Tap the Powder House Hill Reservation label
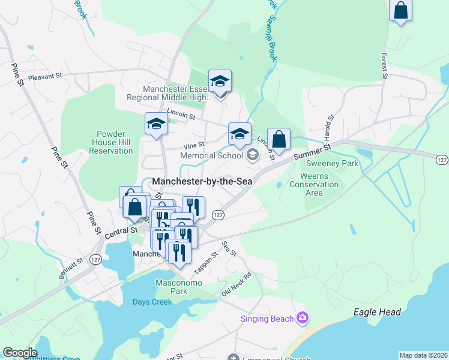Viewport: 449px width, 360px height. pos(110,142)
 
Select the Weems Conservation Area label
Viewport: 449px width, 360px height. pos(314,184)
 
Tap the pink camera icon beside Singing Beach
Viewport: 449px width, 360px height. pos(303,317)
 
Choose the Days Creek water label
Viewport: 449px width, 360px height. pos(152,302)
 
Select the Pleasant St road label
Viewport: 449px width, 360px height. pos(45,76)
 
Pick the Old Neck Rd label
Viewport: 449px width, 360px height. pos(235,284)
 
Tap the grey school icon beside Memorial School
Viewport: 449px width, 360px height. pos(253,155)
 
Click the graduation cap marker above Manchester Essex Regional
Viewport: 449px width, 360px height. pos(220,82)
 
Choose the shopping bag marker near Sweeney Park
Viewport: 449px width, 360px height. pos(279,140)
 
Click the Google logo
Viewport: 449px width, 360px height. pos(20,353)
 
